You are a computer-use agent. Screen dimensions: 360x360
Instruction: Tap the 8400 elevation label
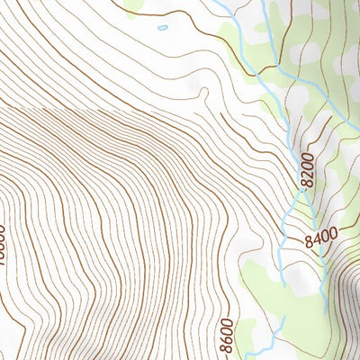click(x=320, y=238)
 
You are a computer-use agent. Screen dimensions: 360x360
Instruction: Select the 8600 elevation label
click(x=225, y=334)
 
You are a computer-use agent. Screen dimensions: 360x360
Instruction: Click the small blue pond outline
click(x=162, y=28)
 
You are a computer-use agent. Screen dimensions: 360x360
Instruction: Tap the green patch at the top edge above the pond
click(x=135, y=6)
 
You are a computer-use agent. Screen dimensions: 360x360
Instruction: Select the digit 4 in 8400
click(x=316, y=239)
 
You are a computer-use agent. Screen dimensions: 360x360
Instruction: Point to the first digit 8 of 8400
click(x=309, y=241)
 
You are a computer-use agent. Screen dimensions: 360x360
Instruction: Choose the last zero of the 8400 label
click(x=332, y=236)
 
